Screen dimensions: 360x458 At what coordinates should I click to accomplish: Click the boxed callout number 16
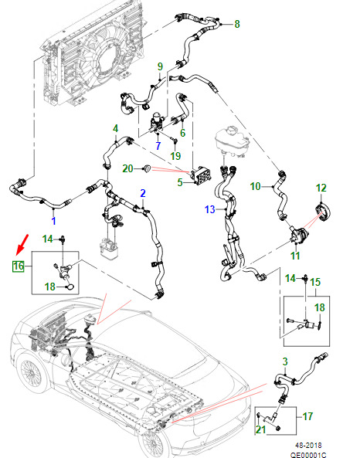(x=18, y=266)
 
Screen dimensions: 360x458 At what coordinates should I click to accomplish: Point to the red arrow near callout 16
(x=22, y=243)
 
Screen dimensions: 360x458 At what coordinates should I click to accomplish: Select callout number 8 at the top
(x=237, y=24)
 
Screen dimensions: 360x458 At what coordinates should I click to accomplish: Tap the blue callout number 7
(x=158, y=146)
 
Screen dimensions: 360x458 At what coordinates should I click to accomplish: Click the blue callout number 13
(x=210, y=209)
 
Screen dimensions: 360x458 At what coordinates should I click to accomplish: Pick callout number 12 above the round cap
(x=321, y=188)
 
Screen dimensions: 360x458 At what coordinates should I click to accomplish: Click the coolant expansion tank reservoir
(x=233, y=141)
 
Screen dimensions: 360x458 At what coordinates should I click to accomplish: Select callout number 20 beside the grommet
(x=127, y=168)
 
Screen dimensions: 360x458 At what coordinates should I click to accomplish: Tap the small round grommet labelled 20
(x=147, y=168)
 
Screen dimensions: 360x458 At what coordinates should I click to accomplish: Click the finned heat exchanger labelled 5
(x=201, y=175)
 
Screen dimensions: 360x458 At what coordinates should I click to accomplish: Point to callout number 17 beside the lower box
(x=307, y=416)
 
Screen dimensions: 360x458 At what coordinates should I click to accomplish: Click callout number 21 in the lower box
(x=260, y=429)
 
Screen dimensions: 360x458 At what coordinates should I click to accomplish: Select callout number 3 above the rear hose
(x=285, y=361)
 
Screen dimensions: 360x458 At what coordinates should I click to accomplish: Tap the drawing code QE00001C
(x=308, y=455)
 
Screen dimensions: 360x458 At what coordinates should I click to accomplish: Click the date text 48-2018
(x=308, y=446)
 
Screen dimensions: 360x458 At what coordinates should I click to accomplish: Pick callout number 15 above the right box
(x=315, y=282)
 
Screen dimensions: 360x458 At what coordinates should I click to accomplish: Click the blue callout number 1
(x=53, y=221)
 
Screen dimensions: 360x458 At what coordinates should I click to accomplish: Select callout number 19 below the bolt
(x=175, y=156)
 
